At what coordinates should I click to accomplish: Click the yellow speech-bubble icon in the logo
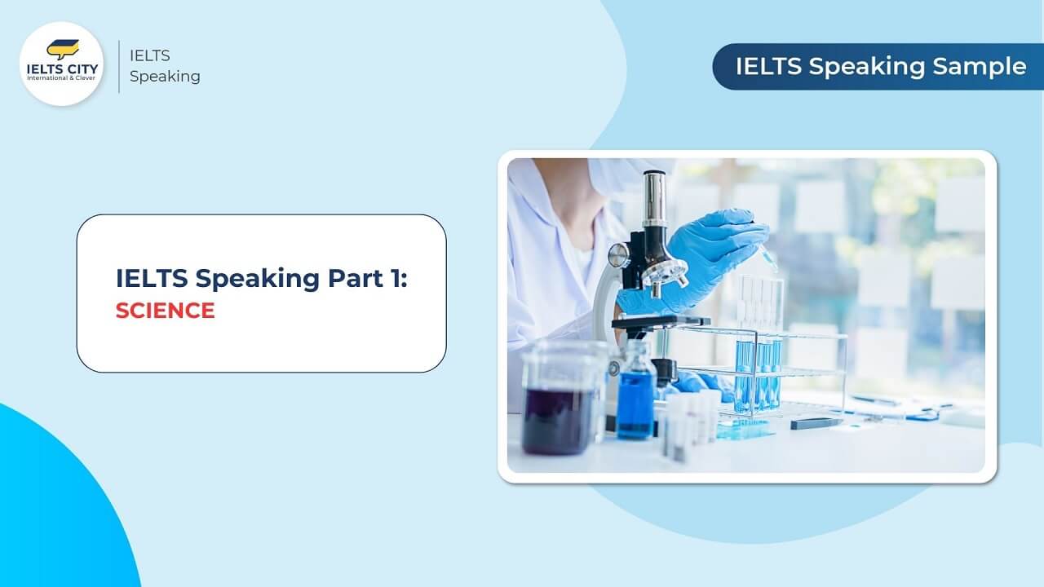point(62,49)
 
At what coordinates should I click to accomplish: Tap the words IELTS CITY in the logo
point(61,69)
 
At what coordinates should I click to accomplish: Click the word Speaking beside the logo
point(165,77)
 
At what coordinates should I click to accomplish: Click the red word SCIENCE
point(165,311)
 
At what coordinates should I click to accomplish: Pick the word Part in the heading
point(354,278)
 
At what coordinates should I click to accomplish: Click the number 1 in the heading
point(395,278)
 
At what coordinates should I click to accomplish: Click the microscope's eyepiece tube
point(654,201)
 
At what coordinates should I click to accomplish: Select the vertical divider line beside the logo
point(119,66)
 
